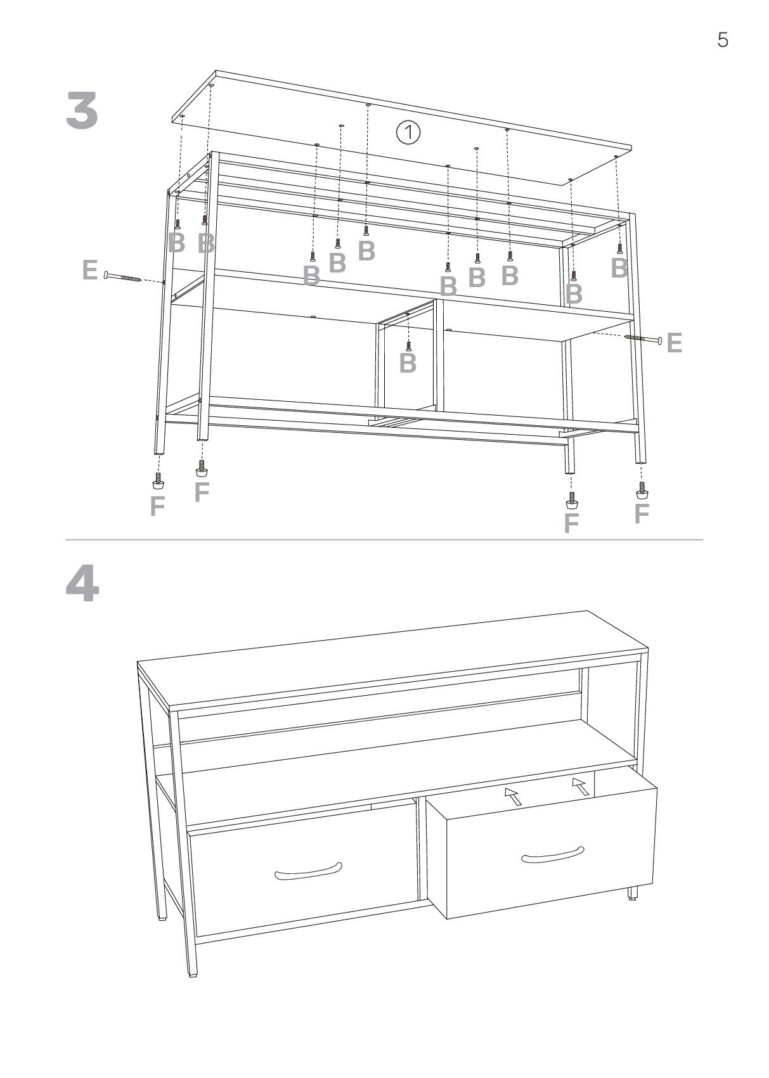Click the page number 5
pyautogui.click(x=722, y=40)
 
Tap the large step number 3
pyautogui.click(x=82, y=111)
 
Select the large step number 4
pyautogui.click(x=82, y=584)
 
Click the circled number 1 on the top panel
pyautogui.click(x=408, y=132)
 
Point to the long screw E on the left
pyautogui.click(x=122, y=276)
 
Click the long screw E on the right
pyautogui.click(x=643, y=339)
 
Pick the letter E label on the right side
pyautogui.click(x=674, y=343)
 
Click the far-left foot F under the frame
pyautogui.click(x=158, y=479)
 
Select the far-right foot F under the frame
pyautogui.click(x=642, y=490)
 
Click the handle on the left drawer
pyautogui.click(x=308, y=871)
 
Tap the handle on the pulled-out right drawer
pyautogui.click(x=552, y=855)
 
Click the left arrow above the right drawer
pyautogui.click(x=514, y=796)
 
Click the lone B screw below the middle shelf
pyautogui.click(x=408, y=345)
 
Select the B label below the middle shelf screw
pyautogui.click(x=408, y=363)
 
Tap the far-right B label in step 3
pyautogui.click(x=619, y=269)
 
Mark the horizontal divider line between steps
pyautogui.click(x=384, y=540)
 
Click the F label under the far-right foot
pyautogui.click(x=642, y=513)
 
